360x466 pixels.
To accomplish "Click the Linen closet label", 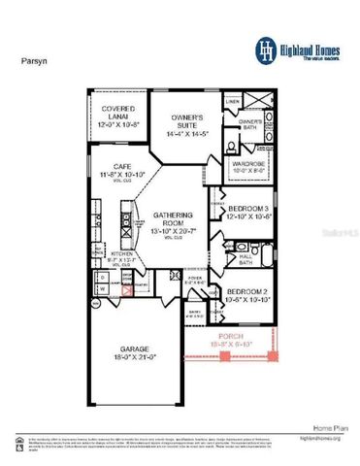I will point(233,101).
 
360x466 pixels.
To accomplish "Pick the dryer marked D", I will point(102,276).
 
